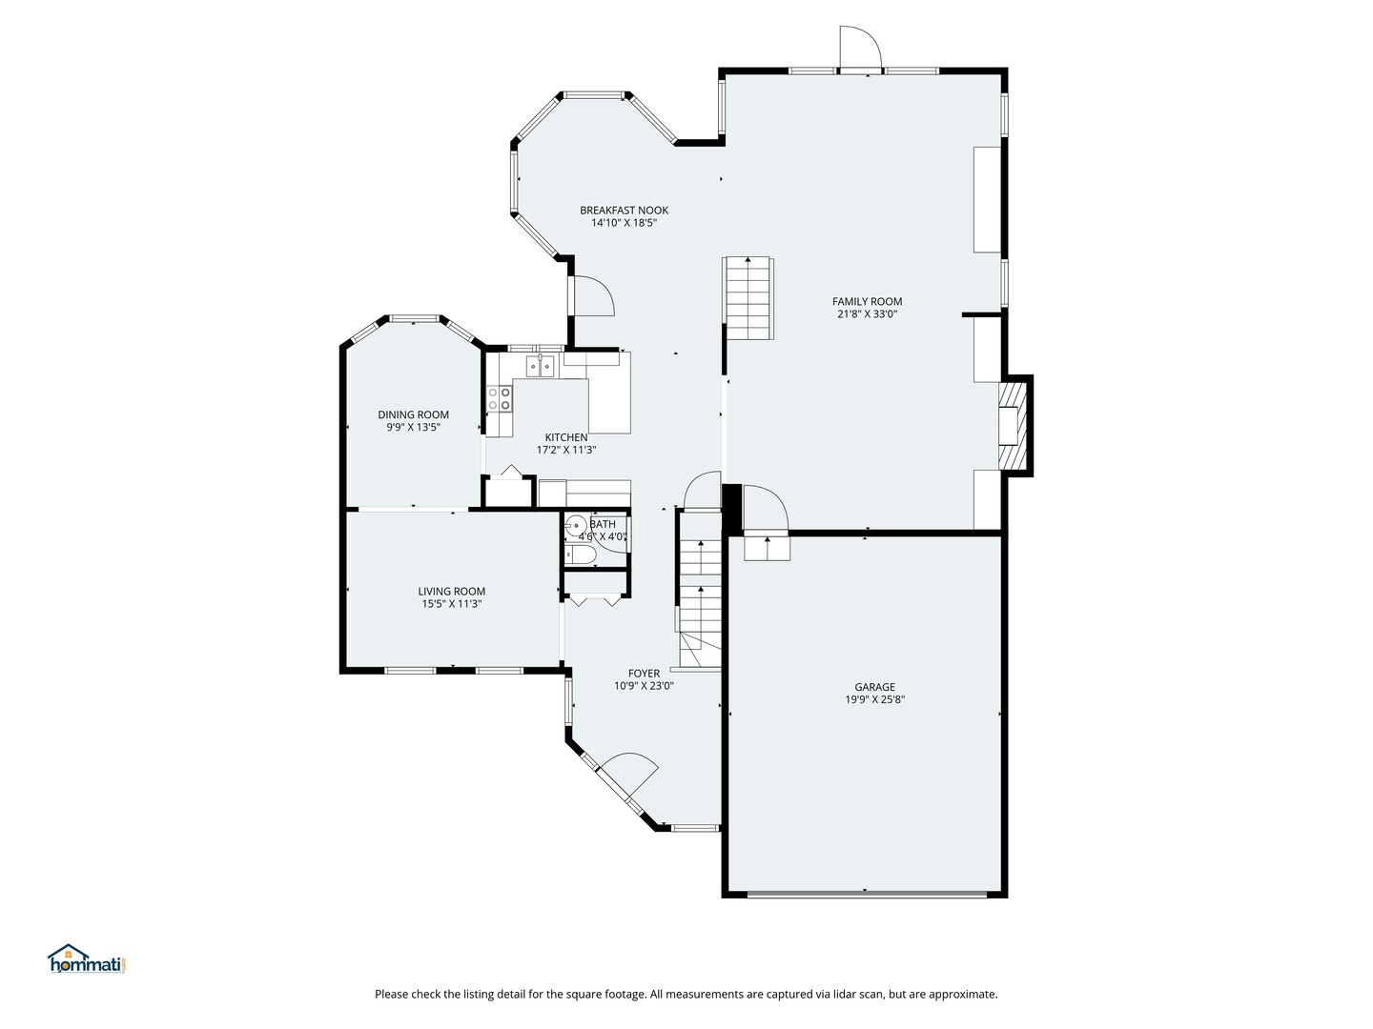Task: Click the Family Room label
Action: (x=867, y=301)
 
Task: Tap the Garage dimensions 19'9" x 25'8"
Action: (x=874, y=699)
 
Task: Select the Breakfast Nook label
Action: (x=624, y=211)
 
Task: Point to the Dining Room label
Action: (x=413, y=414)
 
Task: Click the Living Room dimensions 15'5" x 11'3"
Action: (x=451, y=604)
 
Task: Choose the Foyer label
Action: (x=644, y=674)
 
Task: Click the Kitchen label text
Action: (x=566, y=437)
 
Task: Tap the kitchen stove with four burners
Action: (x=500, y=398)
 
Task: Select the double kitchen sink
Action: (x=541, y=365)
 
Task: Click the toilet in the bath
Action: (x=581, y=555)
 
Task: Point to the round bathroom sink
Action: (x=576, y=525)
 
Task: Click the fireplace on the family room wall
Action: (x=1014, y=426)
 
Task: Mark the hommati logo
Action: (x=87, y=959)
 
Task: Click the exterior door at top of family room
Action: (x=858, y=48)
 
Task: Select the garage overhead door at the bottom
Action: (x=866, y=894)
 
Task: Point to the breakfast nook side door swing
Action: (x=592, y=295)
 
